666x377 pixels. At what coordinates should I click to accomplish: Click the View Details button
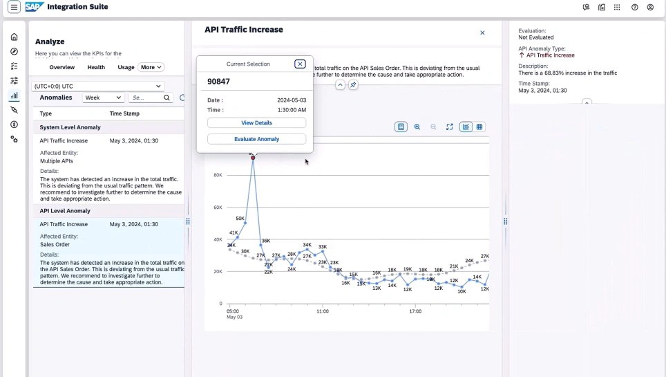click(256, 122)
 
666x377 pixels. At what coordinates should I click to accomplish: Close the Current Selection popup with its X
click(300, 64)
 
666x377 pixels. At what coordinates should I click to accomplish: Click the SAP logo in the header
click(34, 7)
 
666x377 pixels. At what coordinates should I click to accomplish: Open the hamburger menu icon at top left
click(14, 8)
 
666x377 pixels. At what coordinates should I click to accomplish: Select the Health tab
click(96, 67)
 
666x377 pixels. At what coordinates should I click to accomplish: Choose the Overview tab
click(61, 67)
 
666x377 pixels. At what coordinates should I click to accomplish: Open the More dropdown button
click(151, 67)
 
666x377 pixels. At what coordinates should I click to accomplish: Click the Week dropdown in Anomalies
click(103, 98)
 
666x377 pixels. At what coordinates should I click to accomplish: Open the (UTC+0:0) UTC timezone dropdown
click(99, 85)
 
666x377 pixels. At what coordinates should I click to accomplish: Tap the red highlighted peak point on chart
click(254, 158)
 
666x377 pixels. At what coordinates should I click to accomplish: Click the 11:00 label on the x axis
click(323, 312)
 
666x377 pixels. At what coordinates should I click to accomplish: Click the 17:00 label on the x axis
click(415, 312)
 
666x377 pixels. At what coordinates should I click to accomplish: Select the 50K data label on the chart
click(240, 219)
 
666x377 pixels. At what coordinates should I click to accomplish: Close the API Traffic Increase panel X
click(482, 33)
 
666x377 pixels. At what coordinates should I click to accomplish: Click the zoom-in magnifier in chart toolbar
click(417, 127)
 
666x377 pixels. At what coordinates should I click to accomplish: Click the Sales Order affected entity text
click(55, 244)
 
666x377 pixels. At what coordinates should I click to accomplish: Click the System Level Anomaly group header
click(70, 127)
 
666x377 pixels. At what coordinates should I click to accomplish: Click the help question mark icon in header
click(634, 8)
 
